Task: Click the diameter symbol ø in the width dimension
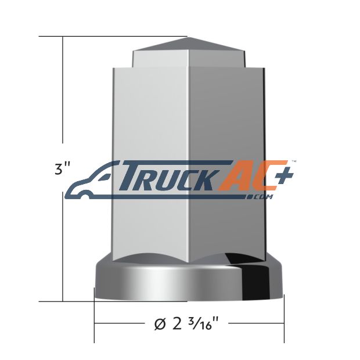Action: pos(160,325)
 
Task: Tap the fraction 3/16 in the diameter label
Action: pos(204,323)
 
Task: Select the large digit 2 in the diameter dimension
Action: pos(177,324)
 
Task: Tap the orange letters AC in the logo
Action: pos(249,175)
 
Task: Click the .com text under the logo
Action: pos(260,197)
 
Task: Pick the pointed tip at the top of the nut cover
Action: pos(188,37)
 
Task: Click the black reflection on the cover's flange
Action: pos(255,278)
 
